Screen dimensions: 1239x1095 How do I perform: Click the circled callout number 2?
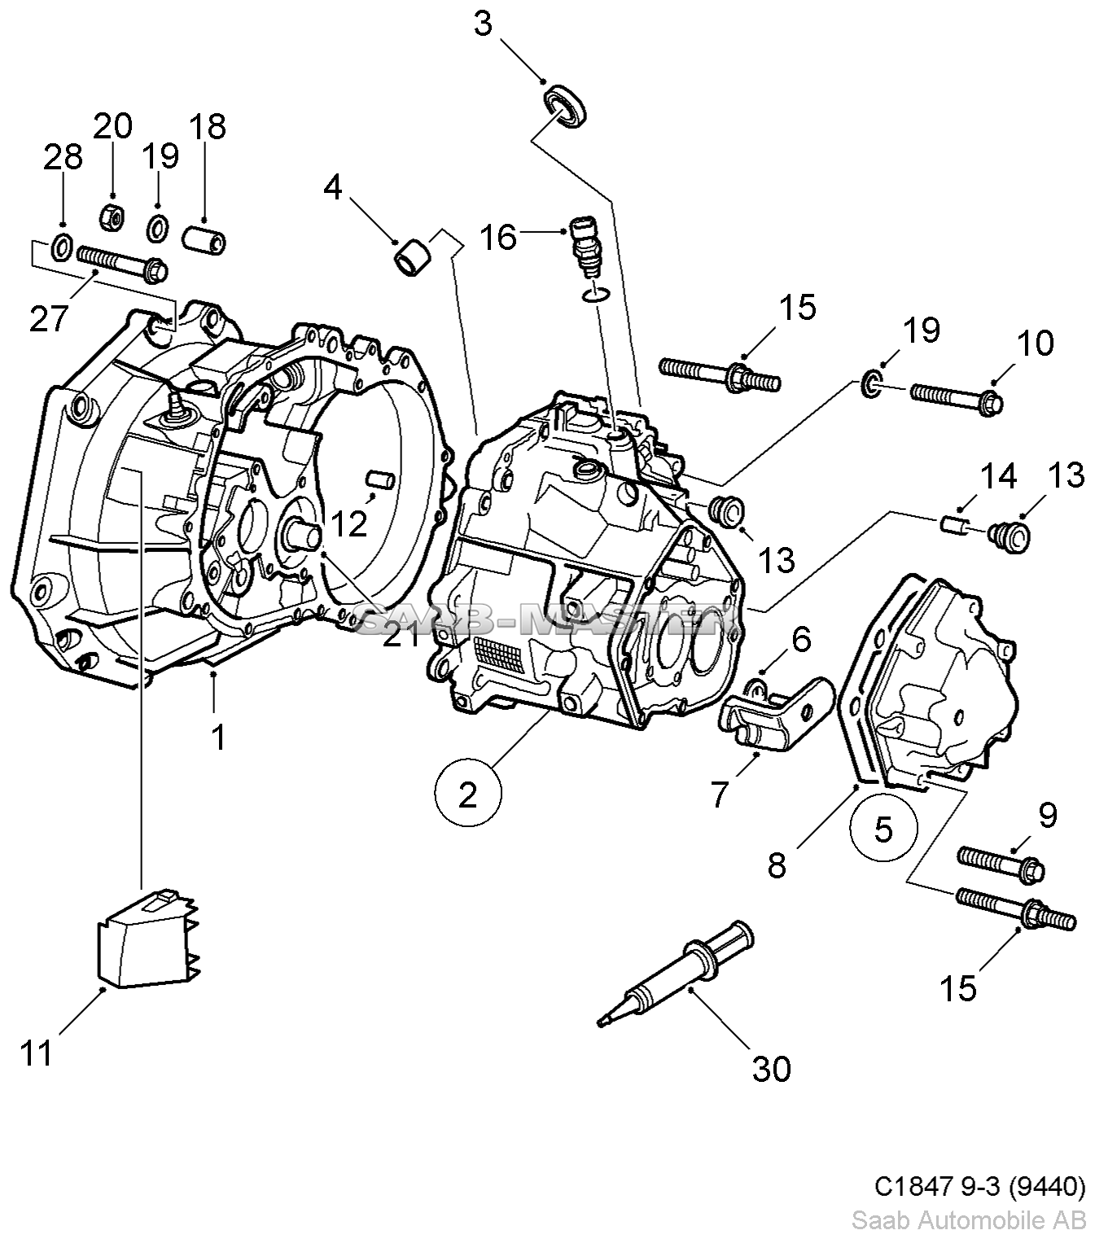pos(467,794)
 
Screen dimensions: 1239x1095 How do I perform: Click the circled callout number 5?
pos(883,830)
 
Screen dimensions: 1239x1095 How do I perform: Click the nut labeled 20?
pos(112,217)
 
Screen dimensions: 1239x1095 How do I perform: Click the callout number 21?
pos(401,634)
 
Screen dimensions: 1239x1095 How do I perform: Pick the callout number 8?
pos(777,865)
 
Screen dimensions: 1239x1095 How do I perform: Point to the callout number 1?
pos(218,737)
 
